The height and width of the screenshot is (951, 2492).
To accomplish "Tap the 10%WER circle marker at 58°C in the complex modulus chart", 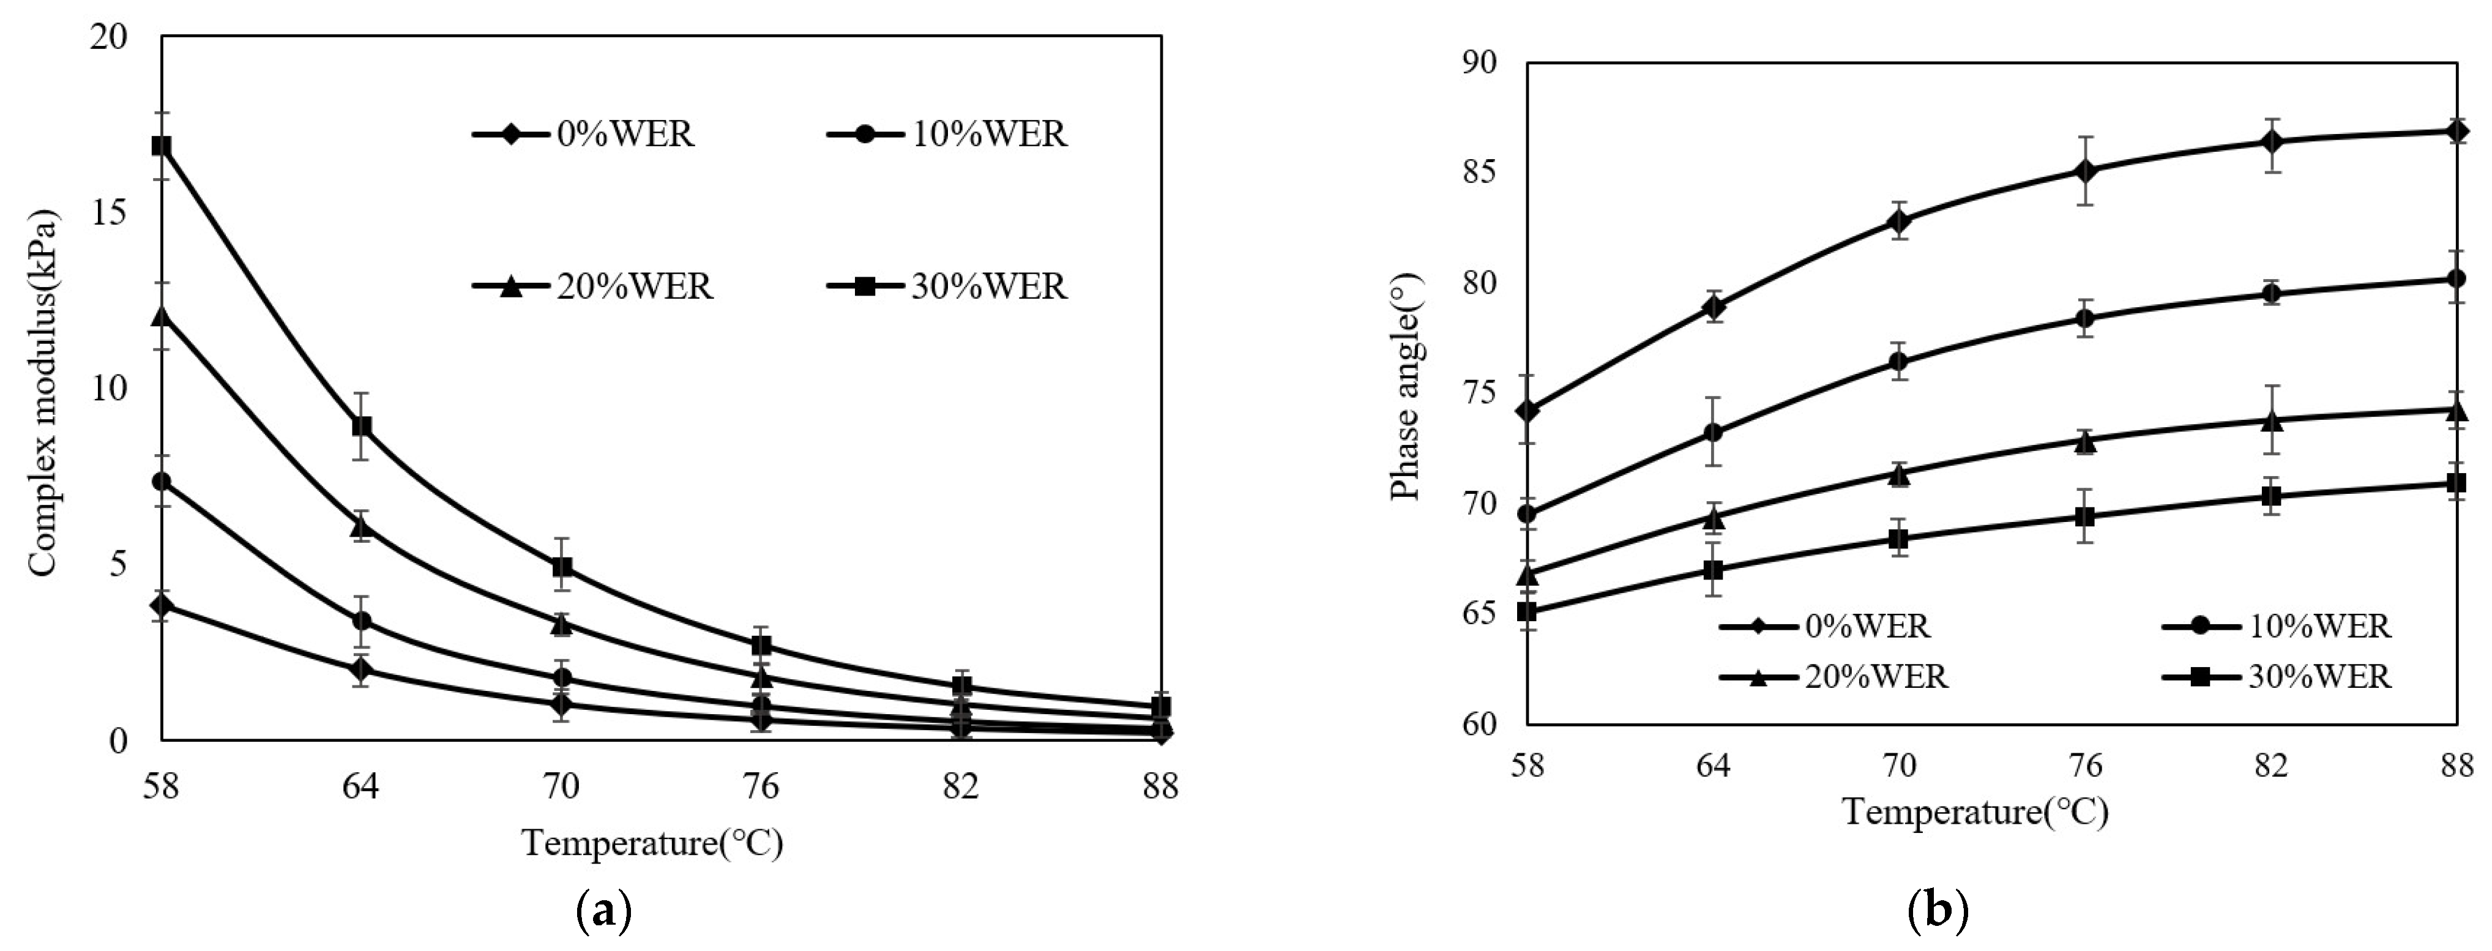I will (x=162, y=481).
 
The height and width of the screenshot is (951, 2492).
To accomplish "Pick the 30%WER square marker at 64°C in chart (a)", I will (x=362, y=426).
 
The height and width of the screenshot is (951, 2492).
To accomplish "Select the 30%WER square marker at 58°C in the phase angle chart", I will (x=1526, y=611).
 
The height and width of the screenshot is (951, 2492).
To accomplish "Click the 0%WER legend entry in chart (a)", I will (x=584, y=133).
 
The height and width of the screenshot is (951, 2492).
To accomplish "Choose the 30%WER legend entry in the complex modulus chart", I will (x=948, y=286).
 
